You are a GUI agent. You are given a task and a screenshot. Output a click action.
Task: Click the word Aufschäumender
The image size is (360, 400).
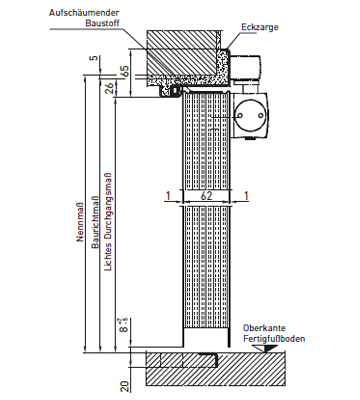pyautogui.click(x=84, y=13)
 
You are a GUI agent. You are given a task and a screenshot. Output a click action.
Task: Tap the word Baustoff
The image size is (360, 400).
pyautogui.click(x=102, y=23)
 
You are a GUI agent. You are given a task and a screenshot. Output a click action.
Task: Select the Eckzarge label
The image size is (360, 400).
pyautogui.click(x=260, y=27)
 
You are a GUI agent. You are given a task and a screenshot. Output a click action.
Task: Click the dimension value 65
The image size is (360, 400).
pyautogui.click(x=125, y=71)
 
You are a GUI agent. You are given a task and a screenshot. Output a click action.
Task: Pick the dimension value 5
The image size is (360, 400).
pyautogui.click(x=95, y=58)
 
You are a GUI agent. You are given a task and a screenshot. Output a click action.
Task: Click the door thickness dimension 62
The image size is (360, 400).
pyautogui.click(x=206, y=196)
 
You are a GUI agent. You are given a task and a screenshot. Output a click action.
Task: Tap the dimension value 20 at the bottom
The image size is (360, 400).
pyautogui.click(x=125, y=387)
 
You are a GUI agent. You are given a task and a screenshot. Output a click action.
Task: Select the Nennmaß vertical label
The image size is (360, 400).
pyautogui.click(x=80, y=222)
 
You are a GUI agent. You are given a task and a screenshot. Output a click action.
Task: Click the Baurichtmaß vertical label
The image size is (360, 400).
pyautogui.click(x=95, y=222)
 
